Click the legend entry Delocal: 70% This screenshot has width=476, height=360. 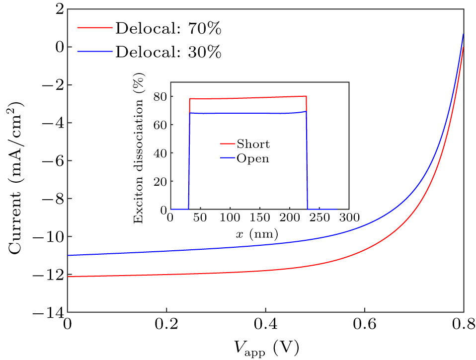point(168,29)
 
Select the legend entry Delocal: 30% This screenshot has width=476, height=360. point(168,51)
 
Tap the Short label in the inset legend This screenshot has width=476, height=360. point(253,144)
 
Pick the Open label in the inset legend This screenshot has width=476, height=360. point(253,158)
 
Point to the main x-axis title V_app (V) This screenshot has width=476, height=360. point(265,346)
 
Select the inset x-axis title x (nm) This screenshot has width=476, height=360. point(257,233)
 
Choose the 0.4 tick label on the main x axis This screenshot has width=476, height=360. point(265,325)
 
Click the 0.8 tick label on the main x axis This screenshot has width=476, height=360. point(463,325)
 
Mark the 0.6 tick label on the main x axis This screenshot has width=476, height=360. point(364,325)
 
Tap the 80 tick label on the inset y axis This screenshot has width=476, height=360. point(159,97)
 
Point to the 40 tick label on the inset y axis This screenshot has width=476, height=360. point(159,153)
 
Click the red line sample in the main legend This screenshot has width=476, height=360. point(95,28)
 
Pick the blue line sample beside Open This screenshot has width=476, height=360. point(228,158)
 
